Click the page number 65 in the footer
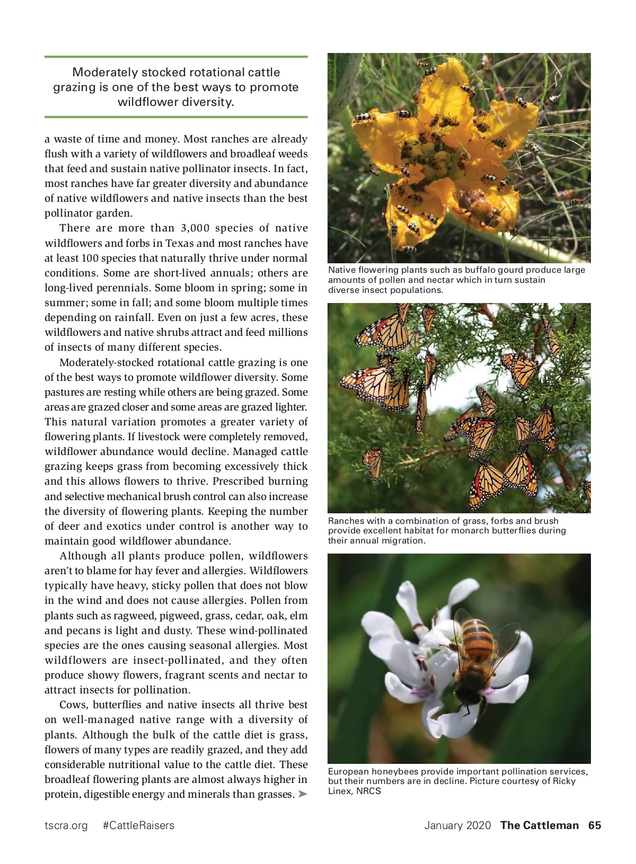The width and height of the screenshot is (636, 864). coord(594,825)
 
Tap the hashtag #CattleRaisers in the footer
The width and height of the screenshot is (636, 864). coord(138,825)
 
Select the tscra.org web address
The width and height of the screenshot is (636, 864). coord(66,825)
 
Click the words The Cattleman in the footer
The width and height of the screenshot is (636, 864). coord(539,825)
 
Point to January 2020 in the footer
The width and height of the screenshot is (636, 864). coord(457,825)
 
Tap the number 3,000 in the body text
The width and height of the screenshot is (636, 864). coord(195,228)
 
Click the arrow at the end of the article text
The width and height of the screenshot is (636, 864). coord(302,794)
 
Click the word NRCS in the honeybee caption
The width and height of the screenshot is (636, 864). coord(368,791)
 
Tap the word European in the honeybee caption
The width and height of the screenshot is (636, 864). coord(348,771)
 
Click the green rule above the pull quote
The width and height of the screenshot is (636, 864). coord(176,57)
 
